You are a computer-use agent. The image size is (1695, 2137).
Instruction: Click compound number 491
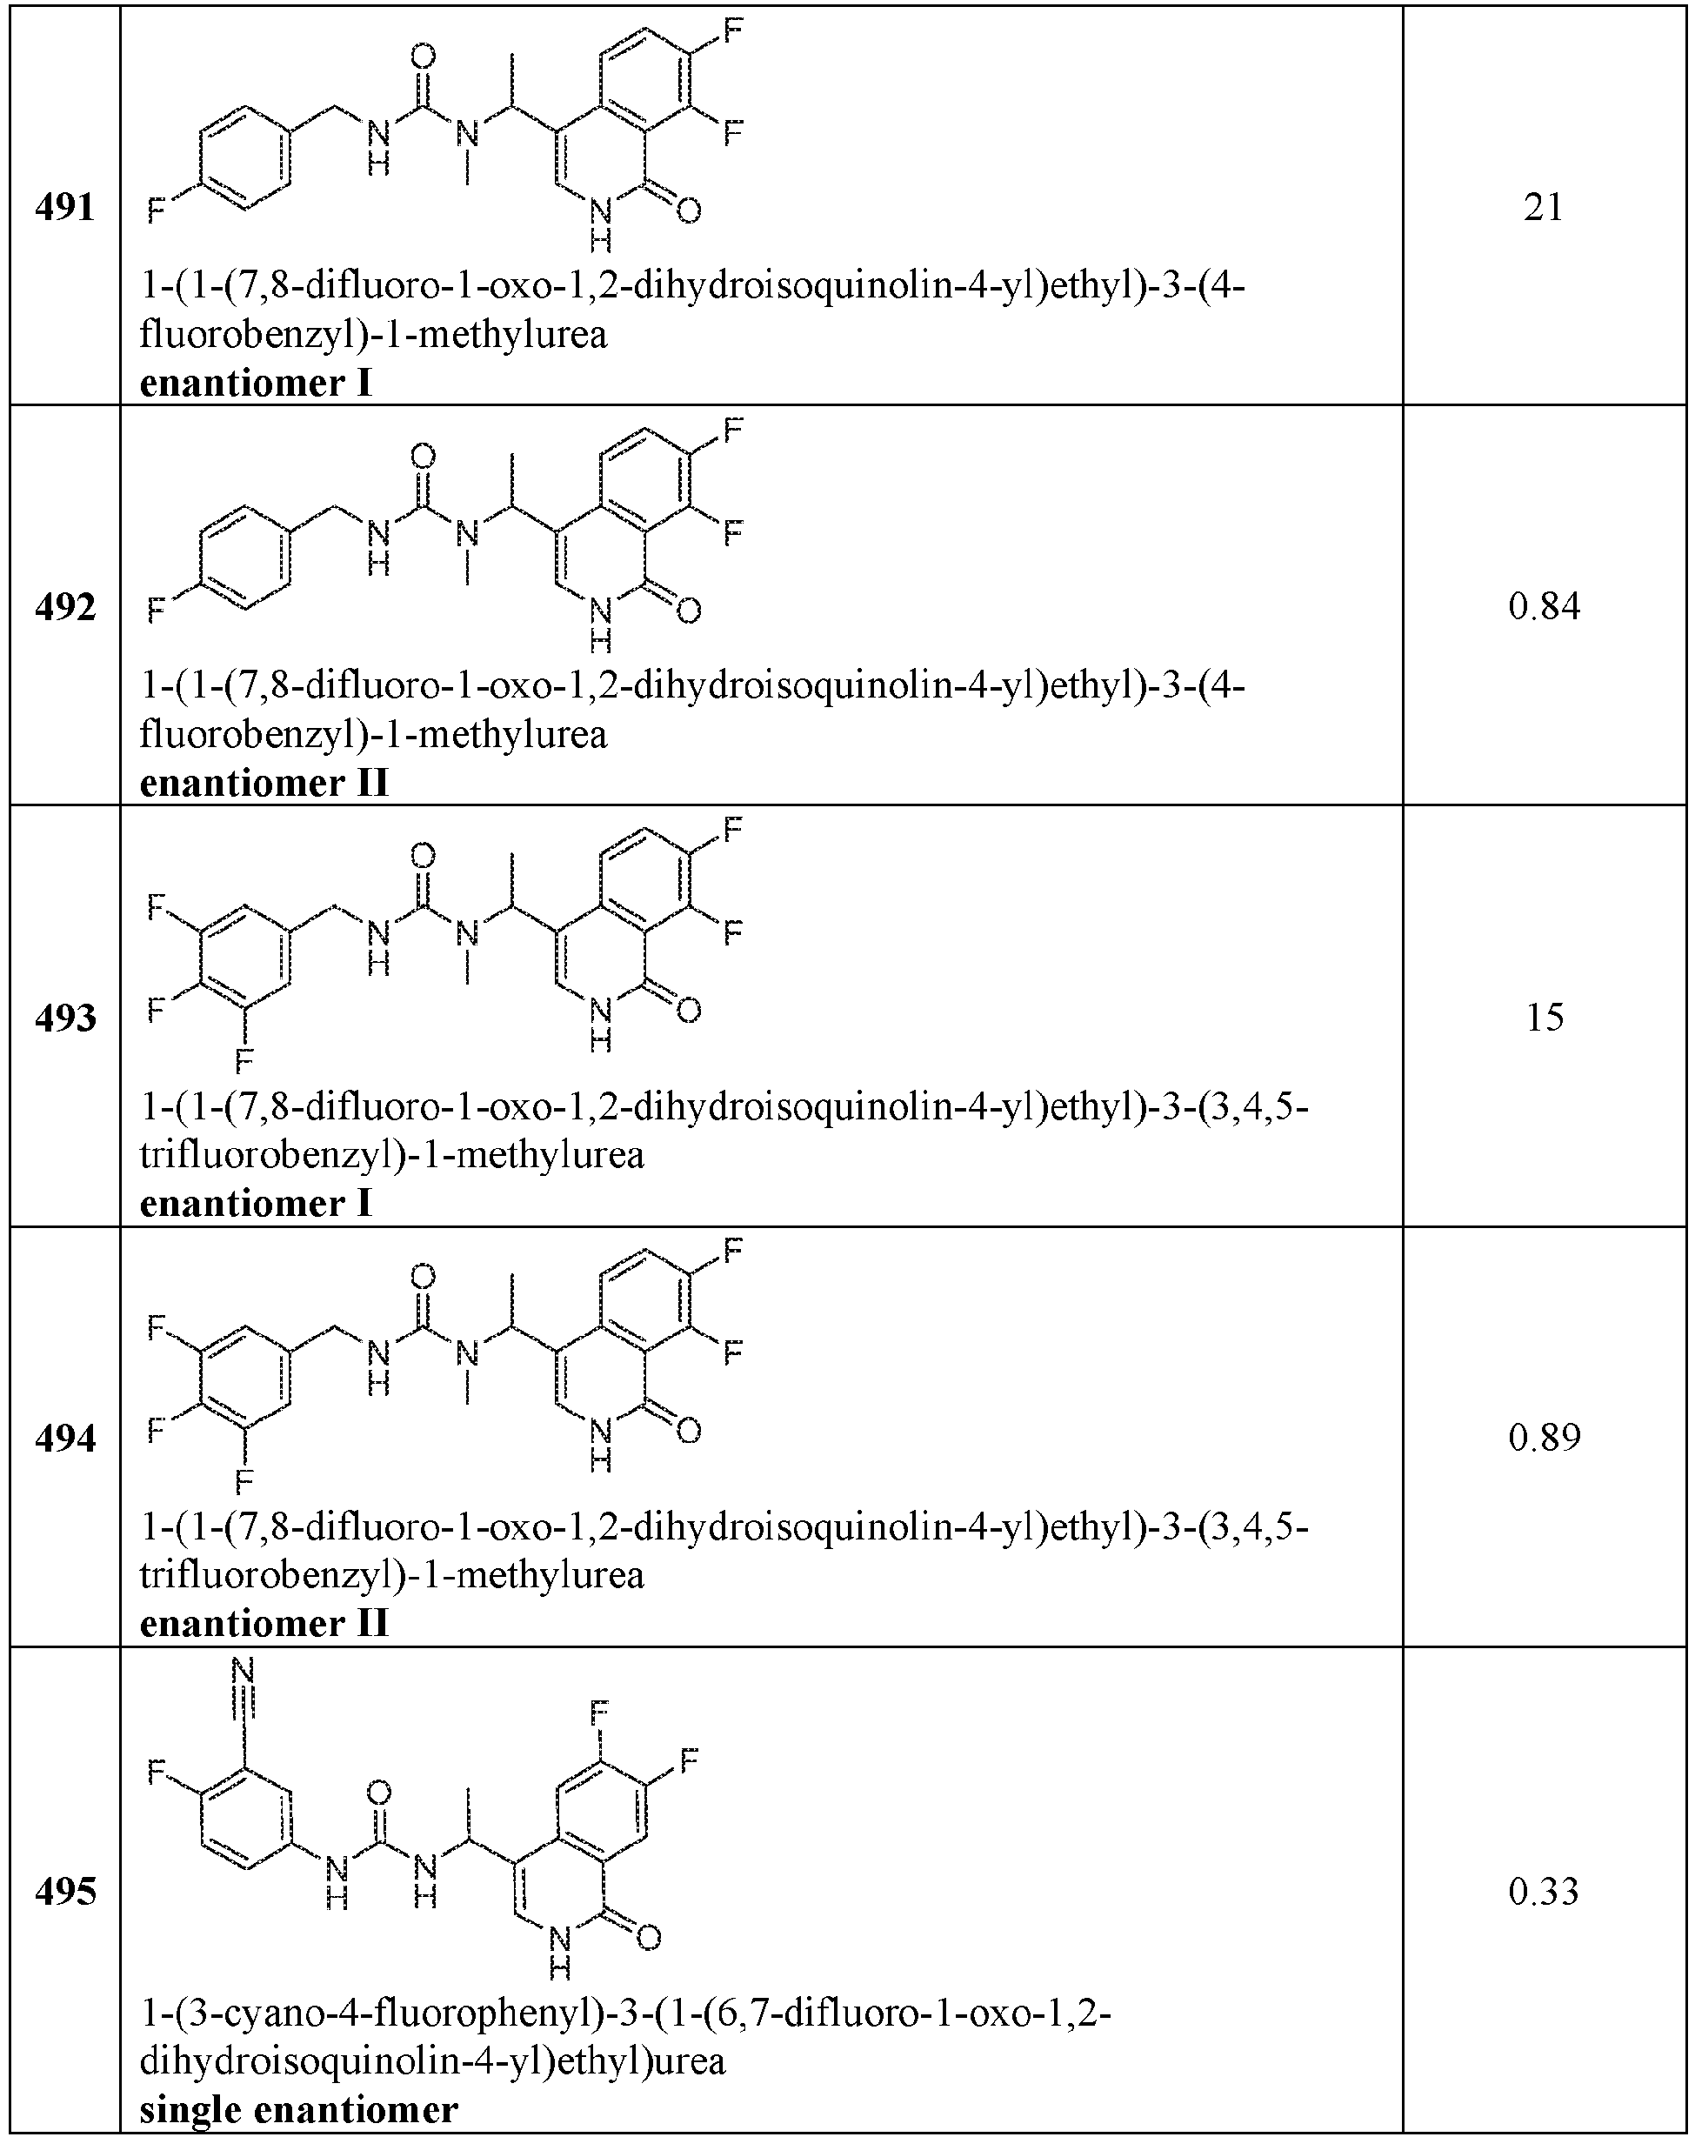pos(64,207)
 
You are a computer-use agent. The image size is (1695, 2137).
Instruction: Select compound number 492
pos(64,606)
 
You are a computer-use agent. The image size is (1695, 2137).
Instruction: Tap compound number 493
pos(64,1018)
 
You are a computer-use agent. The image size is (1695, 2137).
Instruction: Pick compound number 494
pos(64,1439)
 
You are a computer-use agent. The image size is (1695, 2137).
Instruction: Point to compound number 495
pos(64,1893)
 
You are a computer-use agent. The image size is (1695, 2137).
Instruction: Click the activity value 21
pos(1544,207)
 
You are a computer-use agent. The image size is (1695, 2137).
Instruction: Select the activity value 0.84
pos(1544,606)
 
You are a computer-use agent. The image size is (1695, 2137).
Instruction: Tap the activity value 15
pos(1545,1018)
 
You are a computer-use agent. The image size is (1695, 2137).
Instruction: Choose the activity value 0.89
pos(1544,1439)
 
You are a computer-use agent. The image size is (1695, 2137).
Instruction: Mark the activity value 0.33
pos(1544,1893)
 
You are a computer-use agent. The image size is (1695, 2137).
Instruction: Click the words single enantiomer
pos(298,2110)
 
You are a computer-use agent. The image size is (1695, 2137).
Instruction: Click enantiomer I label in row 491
pos(256,383)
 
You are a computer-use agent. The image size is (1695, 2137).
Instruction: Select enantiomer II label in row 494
pos(264,1624)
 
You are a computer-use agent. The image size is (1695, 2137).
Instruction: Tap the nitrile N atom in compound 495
pos(244,1669)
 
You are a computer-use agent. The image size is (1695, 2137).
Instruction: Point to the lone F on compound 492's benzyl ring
pos(156,610)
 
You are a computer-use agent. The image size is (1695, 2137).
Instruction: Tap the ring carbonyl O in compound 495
pos(648,1937)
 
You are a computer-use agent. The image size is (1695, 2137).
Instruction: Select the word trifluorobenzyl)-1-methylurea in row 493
pos(392,1155)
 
